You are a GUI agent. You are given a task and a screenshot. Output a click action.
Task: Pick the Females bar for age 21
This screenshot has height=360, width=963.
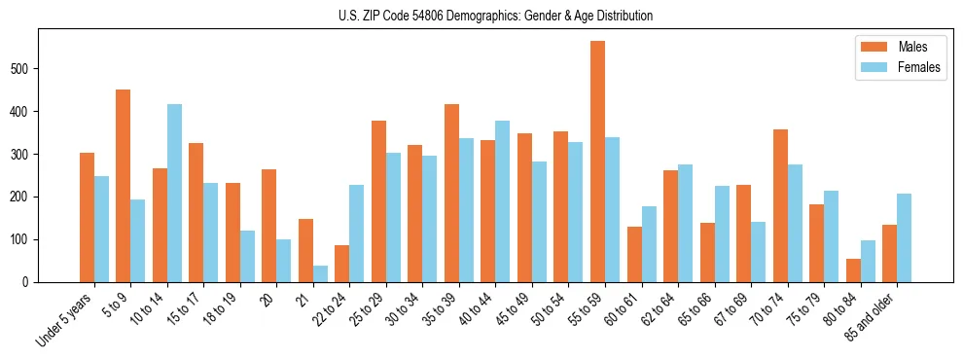pos(320,273)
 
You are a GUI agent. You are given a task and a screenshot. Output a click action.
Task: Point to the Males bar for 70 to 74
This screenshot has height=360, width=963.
pos(780,217)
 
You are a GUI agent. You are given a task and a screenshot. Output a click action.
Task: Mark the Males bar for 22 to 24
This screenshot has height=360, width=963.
pos(341,264)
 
